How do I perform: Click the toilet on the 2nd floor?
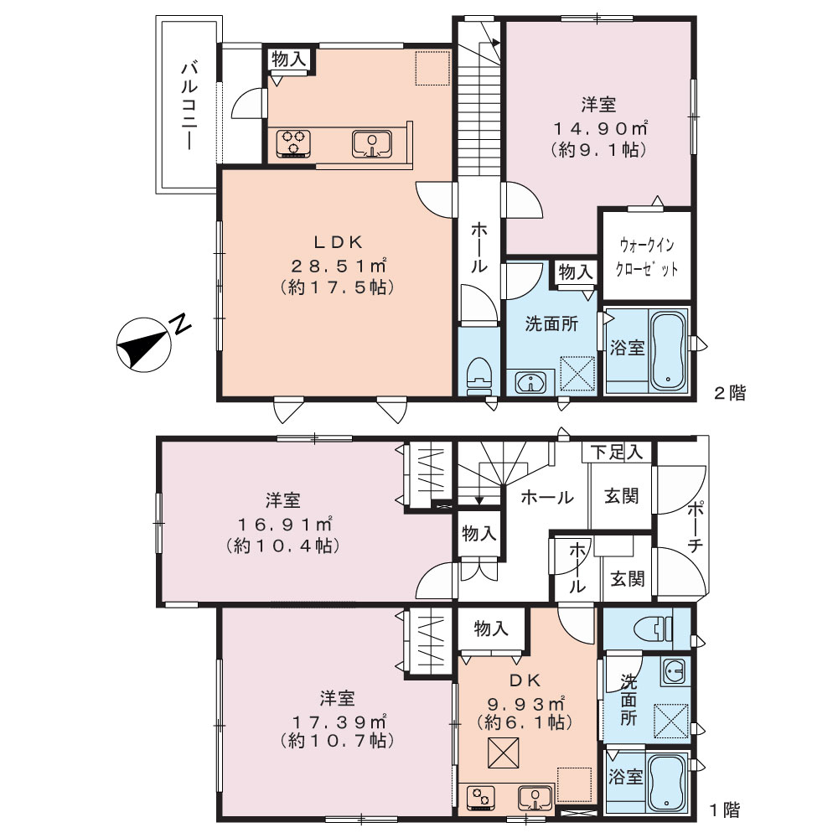(x=478, y=374)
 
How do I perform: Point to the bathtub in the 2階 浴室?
(x=668, y=350)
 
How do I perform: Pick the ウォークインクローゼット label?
(x=647, y=257)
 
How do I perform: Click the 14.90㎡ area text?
(x=600, y=128)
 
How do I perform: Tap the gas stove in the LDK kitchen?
(x=293, y=143)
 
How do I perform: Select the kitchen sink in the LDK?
(x=372, y=144)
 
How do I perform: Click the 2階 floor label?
(x=730, y=393)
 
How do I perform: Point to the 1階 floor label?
(x=725, y=810)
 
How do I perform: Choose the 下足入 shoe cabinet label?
(x=617, y=453)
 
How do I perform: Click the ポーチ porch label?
(x=695, y=527)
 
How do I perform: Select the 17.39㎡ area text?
(x=338, y=722)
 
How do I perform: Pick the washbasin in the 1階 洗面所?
(x=675, y=670)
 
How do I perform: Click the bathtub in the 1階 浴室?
(x=665, y=784)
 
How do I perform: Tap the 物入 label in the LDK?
(x=288, y=59)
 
